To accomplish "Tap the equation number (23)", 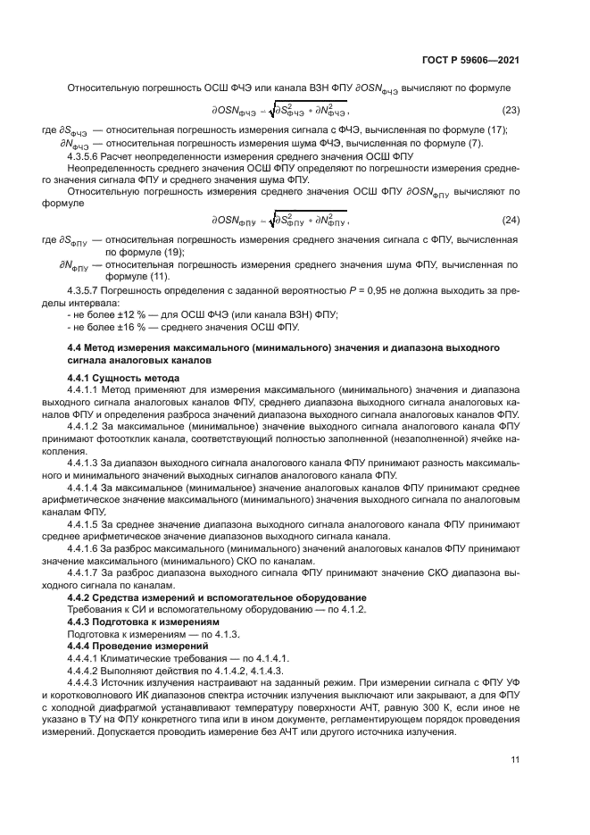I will pyautogui.click(x=511, y=110).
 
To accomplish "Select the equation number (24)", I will pyautogui.click(x=511, y=220).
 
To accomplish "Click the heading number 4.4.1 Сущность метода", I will pyautogui.click(x=81, y=379).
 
